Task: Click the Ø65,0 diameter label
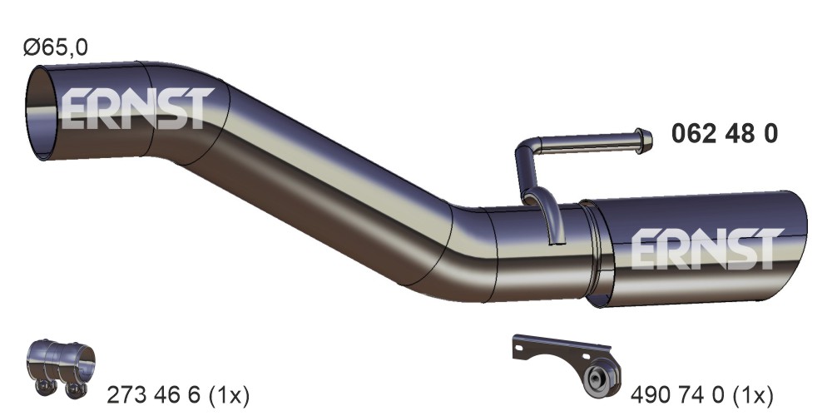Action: coord(55,47)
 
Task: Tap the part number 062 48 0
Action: coord(725,134)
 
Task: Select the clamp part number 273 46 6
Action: coord(154,394)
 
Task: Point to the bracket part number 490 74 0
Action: coord(677,394)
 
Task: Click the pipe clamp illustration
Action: coord(61,366)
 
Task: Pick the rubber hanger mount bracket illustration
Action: coord(567,364)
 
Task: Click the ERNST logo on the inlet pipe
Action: coord(138,108)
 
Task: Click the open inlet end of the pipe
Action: coord(42,112)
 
